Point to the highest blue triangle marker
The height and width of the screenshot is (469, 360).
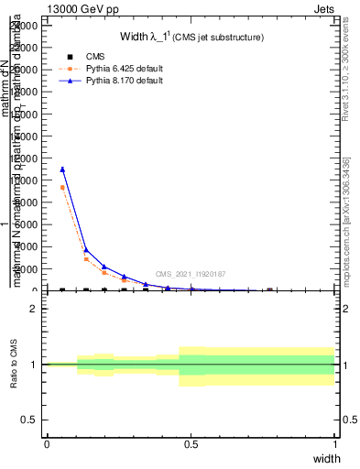pyautogui.click(x=62, y=169)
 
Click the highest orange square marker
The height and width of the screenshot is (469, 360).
pyautogui.click(x=62, y=188)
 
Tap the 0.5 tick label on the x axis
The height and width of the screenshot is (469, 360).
pyautogui.click(x=191, y=445)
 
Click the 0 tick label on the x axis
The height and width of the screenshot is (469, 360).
pyautogui.click(x=47, y=445)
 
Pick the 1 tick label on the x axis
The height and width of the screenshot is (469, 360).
pyautogui.click(x=335, y=445)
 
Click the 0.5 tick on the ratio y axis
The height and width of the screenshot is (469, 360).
pyautogui.click(x=32, y=420)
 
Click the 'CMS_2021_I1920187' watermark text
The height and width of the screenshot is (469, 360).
pyautogui.click(x=191, y=274)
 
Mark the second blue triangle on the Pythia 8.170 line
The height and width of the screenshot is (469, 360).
pyautogui.click(x=86, y=249)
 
